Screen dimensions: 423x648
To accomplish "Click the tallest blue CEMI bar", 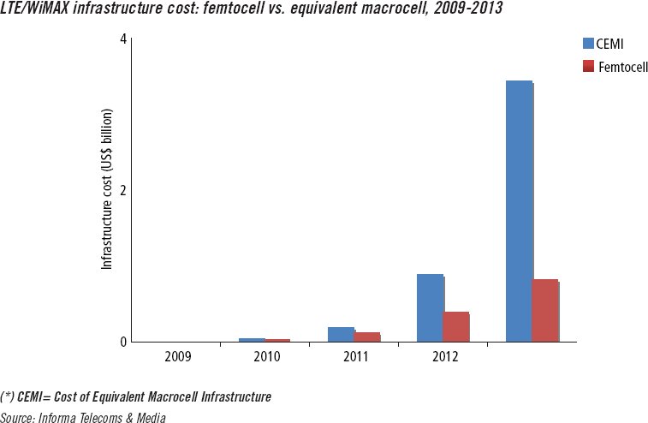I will click(x=519, y=211).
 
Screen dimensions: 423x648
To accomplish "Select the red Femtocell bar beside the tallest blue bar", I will click(x=545, y=311).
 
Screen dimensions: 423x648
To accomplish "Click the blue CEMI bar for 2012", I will click(x=430, y=308).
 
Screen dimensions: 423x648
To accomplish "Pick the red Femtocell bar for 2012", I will click(x=456, y=326).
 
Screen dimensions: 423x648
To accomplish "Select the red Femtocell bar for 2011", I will click(x=367, y=337).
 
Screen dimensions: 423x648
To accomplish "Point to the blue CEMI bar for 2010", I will click(x=252, y=340).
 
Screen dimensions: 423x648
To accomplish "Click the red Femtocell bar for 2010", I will click(x=277, y=340).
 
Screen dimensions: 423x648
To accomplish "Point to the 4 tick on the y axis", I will click(x=122, y=39).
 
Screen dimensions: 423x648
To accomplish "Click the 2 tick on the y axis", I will click(x=122, y=190).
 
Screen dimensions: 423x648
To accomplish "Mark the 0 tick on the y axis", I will click(x=122, y=342).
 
